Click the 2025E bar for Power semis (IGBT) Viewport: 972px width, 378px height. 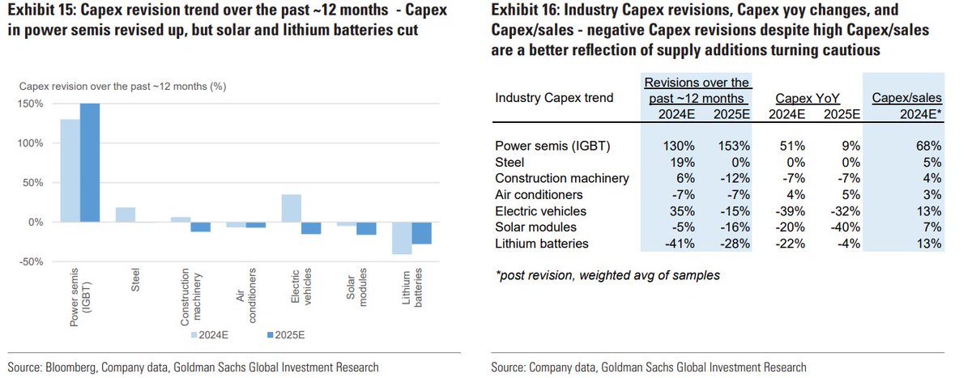click(89, 163)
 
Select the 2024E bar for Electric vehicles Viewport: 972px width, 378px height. click(291, 208)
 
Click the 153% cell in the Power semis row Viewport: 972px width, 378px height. click(731, 147)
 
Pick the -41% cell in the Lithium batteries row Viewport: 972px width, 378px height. click(674, 244)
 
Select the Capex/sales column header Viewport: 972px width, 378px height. click(906, 98)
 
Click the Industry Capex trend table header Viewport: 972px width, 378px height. click(554, 98)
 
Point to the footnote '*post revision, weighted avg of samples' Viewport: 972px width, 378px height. click(606, 275)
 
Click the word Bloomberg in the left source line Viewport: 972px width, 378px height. click(70, 367)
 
